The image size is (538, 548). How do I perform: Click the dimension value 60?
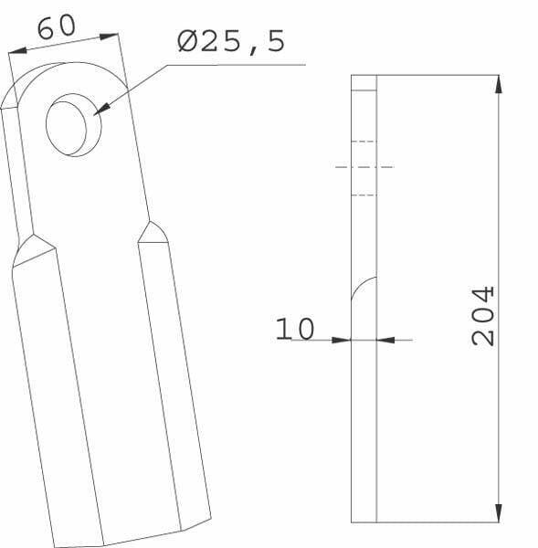(57, 26)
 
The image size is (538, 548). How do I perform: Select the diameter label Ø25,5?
(231, 42)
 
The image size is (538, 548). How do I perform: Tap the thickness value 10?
(295, 329)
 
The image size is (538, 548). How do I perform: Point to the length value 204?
(483, 316)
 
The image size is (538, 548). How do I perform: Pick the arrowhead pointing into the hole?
(101, 110)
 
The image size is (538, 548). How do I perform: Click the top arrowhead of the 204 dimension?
(499, 84)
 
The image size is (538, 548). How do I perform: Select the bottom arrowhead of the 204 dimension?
(499, 513)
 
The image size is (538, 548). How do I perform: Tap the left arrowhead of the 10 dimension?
(342, 340)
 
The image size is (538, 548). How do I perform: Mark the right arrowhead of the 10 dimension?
(386, 340)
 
